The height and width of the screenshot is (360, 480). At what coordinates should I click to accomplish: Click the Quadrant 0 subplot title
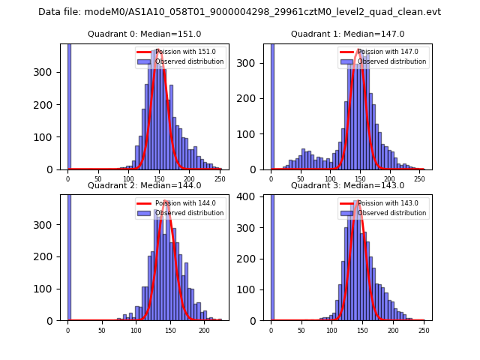point(144,34)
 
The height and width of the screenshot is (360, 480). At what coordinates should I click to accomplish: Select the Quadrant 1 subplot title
point(347,34)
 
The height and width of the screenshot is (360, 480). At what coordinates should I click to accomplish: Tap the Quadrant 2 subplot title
point(144,185)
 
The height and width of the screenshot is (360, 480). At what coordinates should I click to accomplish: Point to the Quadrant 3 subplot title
point(347,185)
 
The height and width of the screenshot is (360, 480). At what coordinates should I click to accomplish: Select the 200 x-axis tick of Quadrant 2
point(204,330)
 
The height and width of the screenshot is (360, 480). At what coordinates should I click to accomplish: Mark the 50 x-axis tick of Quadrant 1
point(301,179)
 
